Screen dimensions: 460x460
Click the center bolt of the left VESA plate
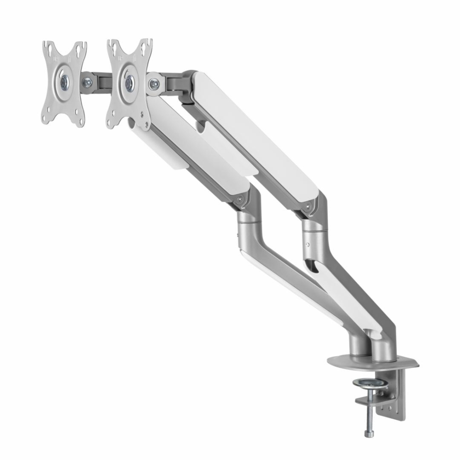coord(63,82)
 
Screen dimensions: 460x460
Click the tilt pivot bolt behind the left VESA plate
coord(86,83)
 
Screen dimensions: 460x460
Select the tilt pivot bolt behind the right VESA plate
coord(155,84)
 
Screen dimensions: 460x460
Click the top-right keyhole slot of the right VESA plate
coord(147,46)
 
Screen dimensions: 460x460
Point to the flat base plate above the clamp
coord(373,365)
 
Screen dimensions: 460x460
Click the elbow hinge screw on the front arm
coord(239,199)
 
